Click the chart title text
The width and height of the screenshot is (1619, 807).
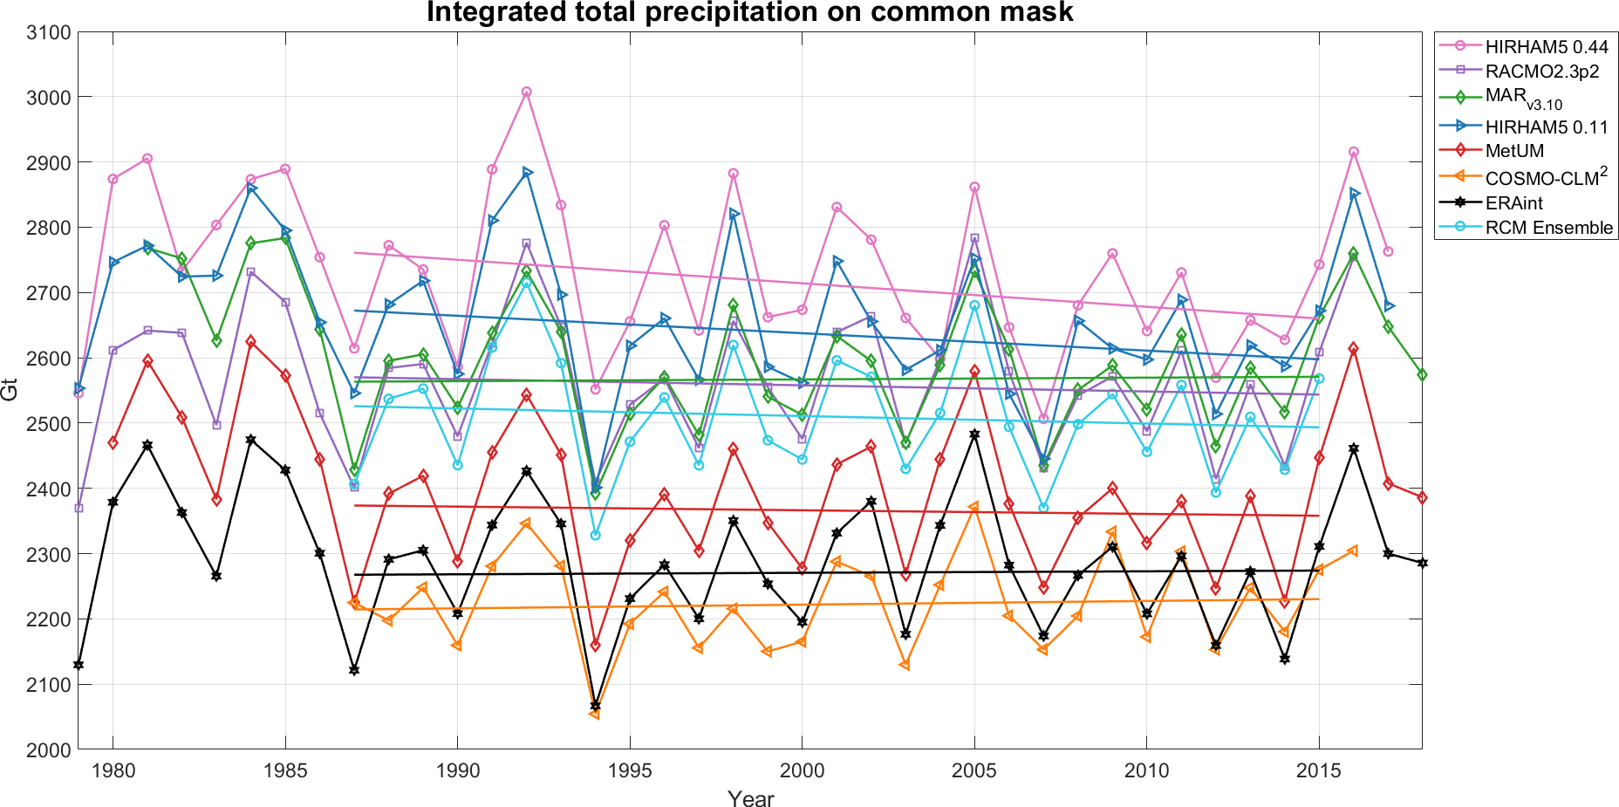pyautogui.click(x=749, y=13)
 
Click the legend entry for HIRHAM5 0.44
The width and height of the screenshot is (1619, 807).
pyautogui.click(x=1546, y=47)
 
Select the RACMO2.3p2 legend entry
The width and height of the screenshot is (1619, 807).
pyautogui.click(x=1541, y=72)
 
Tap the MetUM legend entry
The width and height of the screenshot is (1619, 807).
pyautogui.click(x=1514, y=151)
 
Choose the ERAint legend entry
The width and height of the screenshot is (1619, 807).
pyautogui.click(x=1513, y=203)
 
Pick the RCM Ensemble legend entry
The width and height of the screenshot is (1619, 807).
pyautogui.click(x=1548, y=228)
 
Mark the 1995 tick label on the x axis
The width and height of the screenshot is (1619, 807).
pyautogui.click(x=630, y=770)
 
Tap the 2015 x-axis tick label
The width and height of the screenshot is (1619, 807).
pyautogui.click(x=1319, y=770)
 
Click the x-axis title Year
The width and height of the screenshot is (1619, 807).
pyautogui.click(x=750, y=798)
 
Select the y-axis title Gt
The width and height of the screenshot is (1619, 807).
pyautogui.click(x=10, y=390)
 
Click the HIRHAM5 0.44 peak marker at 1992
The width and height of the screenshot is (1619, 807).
pyautogui.click(x=526, y=92)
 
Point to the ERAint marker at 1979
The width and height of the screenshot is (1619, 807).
pyautogui.click(x=79, y=665)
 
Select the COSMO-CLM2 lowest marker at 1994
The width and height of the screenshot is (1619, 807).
pyautogui.click(x=595, y=714)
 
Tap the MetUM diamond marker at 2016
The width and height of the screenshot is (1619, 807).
pyautogui.click(x=1353, y=348)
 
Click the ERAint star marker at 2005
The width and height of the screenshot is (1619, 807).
pyautogui.click(x=974, y=434)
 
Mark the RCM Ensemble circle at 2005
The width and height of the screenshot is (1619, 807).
pyautogui.click(x=974, y=305)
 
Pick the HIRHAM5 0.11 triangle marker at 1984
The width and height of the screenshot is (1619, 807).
pyautogui.click(x=251, y=188)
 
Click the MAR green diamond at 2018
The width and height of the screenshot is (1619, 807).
pyautogui.click(x=1422, y=374)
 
